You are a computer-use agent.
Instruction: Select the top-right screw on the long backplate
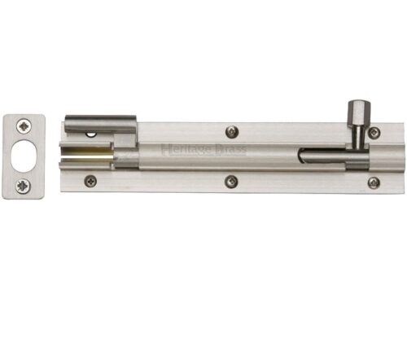pyautogui.click(x=374, y=133)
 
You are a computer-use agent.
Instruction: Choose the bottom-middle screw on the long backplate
pyautogui.click(x=232, y=181)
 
